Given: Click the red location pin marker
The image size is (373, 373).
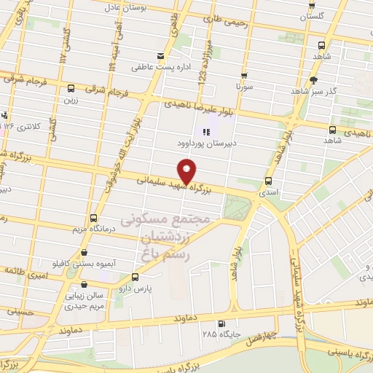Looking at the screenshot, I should (x=186, y=172).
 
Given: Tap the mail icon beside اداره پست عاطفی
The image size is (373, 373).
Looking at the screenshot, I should (x=161, y=56).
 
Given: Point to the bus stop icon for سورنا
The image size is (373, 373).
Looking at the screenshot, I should (x=243, y=75).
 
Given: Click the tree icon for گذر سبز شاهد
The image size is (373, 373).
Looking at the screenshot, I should (x=314, y=80).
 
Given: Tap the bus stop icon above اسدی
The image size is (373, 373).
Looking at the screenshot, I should (x=269, y=181).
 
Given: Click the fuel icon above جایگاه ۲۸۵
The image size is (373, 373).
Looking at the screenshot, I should (x=221, y=324).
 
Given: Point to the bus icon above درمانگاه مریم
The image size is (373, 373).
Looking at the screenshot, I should (x=93, y=218).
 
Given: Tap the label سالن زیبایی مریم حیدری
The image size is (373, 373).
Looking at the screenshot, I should (x=73, y=300).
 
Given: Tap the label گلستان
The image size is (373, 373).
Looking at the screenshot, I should (x=313, y=15).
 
